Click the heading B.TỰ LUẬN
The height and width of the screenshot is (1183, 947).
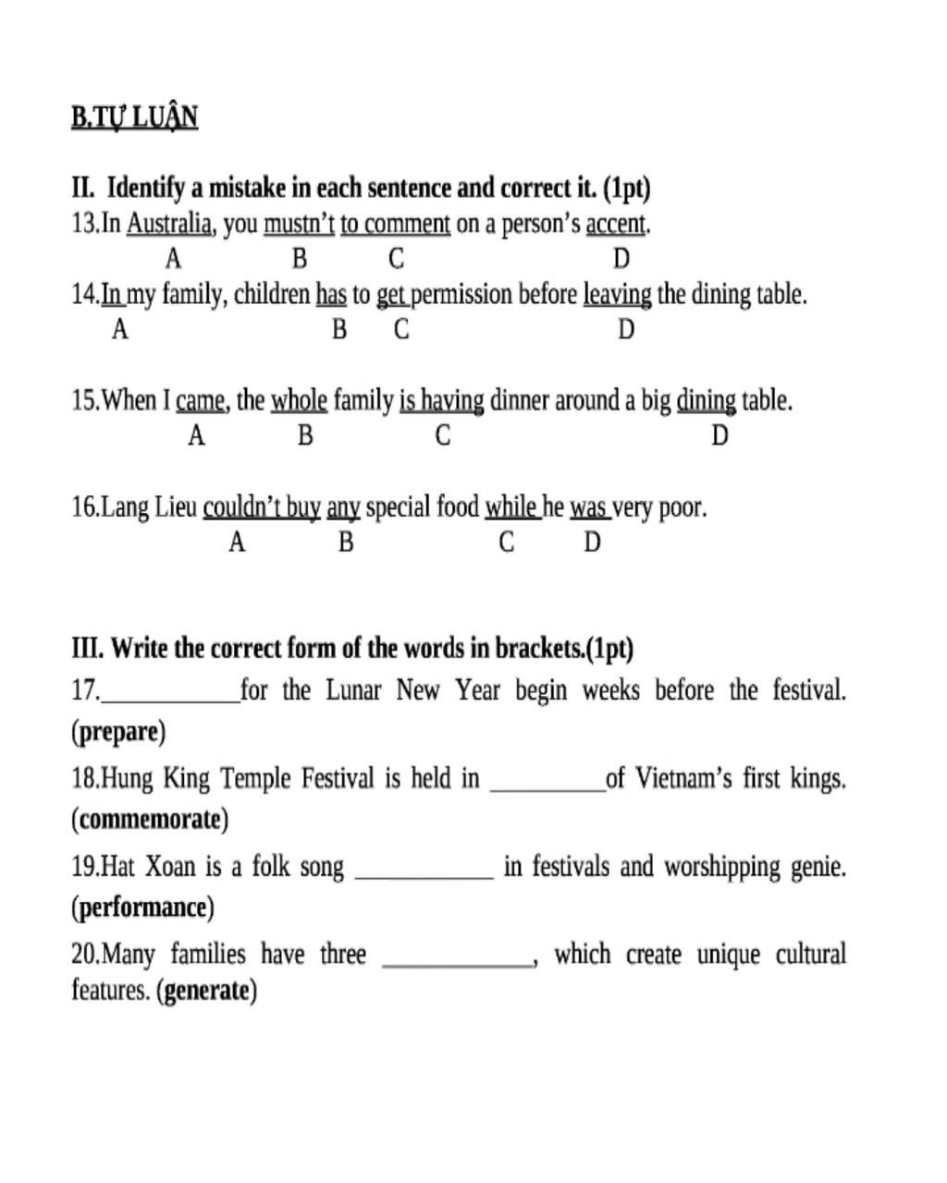coord(134,118)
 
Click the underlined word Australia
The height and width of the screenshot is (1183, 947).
coord(170,224)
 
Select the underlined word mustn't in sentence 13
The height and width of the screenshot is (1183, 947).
coord(299,224)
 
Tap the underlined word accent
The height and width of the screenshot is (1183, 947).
coord(617,224)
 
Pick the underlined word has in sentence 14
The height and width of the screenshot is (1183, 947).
coord(331,295)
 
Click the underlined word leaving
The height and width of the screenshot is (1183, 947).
coord(617,295)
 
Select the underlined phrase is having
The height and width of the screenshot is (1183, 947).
coord(441,401)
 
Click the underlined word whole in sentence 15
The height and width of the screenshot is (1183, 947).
coord(299,401)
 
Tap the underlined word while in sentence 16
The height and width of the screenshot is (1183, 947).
coord(510,507)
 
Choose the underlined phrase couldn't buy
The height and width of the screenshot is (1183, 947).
coord(262,507)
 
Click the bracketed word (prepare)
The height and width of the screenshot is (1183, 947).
coord(118,732)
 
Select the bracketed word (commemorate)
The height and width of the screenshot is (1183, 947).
coord(149,820)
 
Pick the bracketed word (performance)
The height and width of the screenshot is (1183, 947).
coord(142,908)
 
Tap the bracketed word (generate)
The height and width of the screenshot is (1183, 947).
coord(206,991)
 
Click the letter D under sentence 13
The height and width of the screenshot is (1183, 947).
coord(621,259)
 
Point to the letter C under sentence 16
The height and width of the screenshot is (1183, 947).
coord(506,543)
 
